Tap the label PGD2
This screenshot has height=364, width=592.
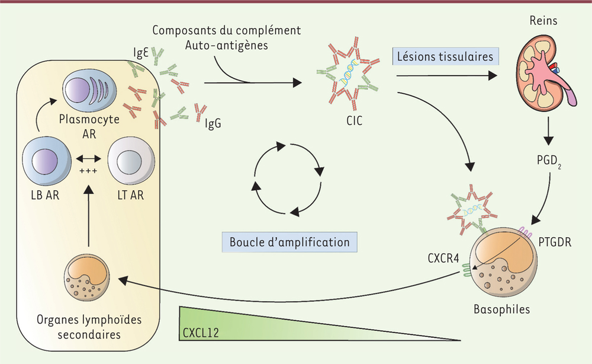point(549,161)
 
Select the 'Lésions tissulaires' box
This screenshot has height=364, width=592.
point(445,57)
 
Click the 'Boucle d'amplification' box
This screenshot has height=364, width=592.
point(289,242)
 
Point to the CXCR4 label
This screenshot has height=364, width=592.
point(443,258)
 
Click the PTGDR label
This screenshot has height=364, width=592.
point(555,242)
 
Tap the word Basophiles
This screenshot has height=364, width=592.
point(502,309)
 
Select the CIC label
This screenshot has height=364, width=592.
point(354,121)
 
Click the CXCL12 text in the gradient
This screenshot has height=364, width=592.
point(201,333)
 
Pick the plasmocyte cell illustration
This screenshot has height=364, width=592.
point(89,92)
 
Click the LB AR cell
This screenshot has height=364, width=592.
point(47,161)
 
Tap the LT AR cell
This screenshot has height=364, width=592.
point(131,161)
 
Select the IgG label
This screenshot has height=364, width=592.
point(213,123)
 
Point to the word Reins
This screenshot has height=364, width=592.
point(543,20)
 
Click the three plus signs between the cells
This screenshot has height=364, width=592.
point(88,171)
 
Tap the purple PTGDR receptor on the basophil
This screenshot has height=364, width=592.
point(526,231)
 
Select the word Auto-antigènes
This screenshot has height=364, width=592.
point(227,46)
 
